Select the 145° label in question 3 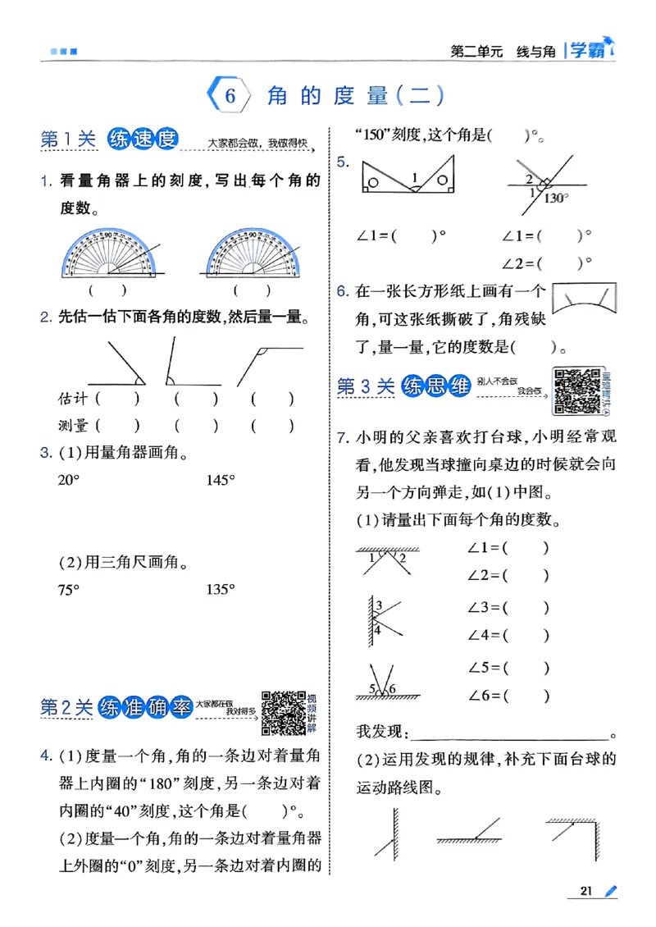click(x=221, y=481)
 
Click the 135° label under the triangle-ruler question click(x=221, y=589)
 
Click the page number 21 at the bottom click(x=586, y=891)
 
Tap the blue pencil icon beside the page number click(x=611, y=891)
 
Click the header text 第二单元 click(x=476, y=51)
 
